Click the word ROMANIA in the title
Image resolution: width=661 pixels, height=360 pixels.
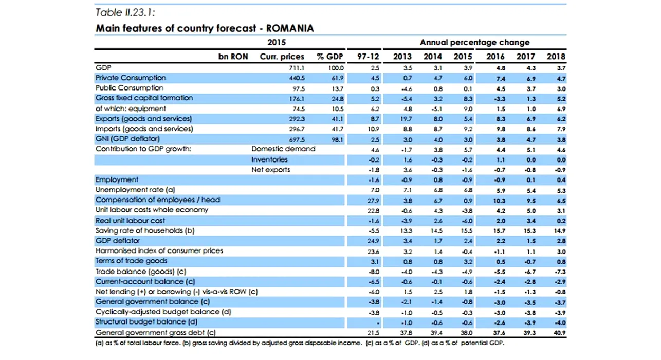[290, 28]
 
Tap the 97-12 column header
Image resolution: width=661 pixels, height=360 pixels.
[368, 57]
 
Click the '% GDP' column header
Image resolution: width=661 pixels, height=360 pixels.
[329, 57]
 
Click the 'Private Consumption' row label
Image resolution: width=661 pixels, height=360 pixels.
[131, 78]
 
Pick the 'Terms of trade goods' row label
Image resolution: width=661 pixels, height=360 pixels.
[131, 261]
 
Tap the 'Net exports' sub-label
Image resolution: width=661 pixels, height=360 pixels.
[270, 169]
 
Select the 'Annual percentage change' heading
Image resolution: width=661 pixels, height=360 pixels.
[474, 43]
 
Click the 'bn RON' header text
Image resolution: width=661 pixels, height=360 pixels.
[234, 57]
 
